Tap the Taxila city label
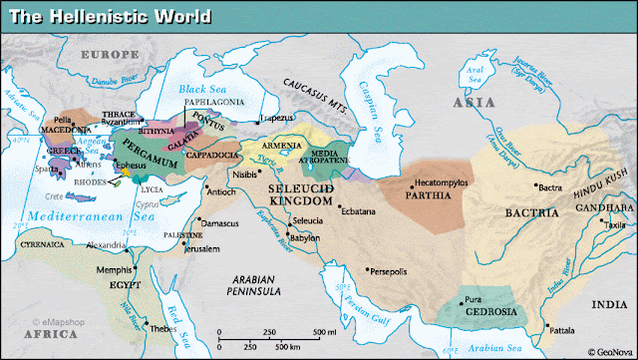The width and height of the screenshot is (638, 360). click(x=616, y=226)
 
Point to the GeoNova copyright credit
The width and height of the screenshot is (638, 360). click(x=611, y=351)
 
